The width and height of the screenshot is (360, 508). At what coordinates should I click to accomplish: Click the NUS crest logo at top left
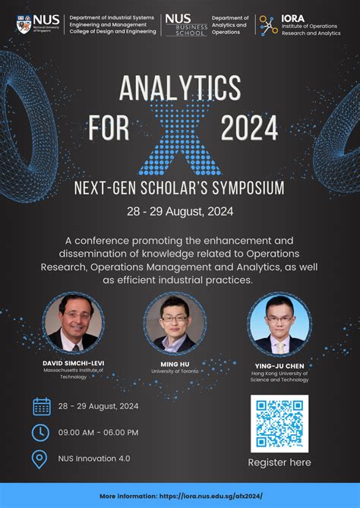point(24,24)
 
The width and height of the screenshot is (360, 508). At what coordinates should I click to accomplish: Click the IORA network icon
point(268,25)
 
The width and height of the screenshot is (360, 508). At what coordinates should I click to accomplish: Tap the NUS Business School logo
point(185,24)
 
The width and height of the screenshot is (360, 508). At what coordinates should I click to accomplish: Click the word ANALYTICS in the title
point(180,90)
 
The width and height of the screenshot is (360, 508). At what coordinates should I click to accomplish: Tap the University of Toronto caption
point(174,371)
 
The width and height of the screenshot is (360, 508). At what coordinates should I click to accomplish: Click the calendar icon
point(42,406)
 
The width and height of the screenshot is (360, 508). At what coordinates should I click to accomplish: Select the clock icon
point(41,432)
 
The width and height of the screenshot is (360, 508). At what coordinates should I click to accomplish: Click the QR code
point(279,423)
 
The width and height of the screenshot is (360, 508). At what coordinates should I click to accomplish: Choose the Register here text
point(279,462)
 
